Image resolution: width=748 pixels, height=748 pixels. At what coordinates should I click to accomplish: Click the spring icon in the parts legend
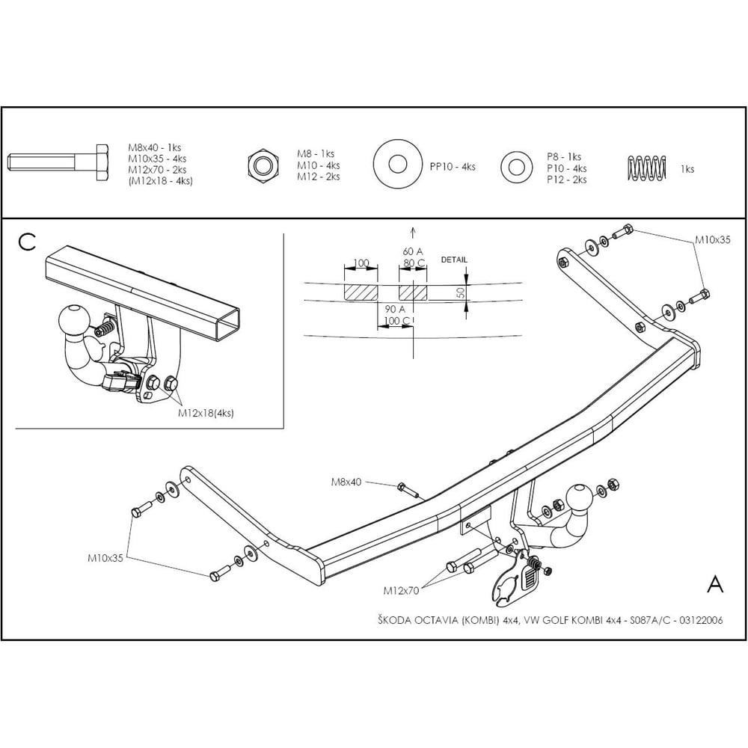pos(646,168)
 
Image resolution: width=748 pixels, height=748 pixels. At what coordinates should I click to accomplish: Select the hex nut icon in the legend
pos(263,165)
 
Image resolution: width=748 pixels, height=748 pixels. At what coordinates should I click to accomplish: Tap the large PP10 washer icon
pos(397,165)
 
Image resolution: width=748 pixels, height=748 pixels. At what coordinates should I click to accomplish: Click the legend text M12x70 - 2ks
pos(157,170)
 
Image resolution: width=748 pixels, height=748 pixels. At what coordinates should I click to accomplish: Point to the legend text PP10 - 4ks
pos(453,167)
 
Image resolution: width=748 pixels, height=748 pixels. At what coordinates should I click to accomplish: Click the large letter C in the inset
pos(27,242)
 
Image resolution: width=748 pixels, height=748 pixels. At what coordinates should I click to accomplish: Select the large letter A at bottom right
pos(714,583)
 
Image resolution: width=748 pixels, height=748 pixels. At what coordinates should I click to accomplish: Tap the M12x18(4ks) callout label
pos(206,413)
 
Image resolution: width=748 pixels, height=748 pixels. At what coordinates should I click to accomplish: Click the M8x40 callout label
pos(346,482)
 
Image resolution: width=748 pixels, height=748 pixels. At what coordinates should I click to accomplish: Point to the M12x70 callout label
pos(401,591)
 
